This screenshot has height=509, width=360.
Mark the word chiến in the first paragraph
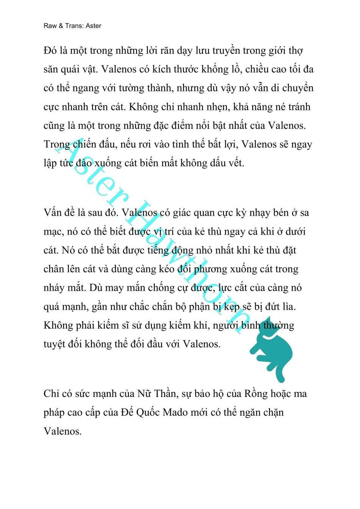pyautogui.click(x=76, y=144)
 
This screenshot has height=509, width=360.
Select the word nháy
pyautogui.click(x=54, y=288)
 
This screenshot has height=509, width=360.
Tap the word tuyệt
pyautogui.click(x=55, y=344)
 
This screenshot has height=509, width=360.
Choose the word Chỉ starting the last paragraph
pyautogui.click(x=51, y=393)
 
